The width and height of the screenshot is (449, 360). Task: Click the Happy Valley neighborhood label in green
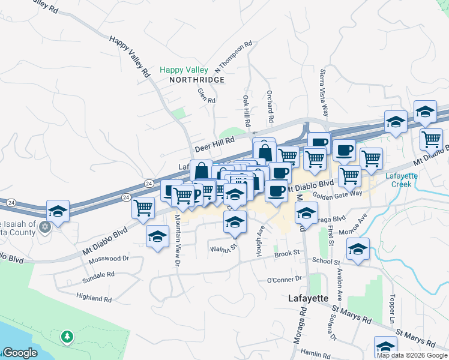184,70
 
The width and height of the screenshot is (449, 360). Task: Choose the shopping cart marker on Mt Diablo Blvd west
143,208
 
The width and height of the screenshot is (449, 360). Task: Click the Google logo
20,353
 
